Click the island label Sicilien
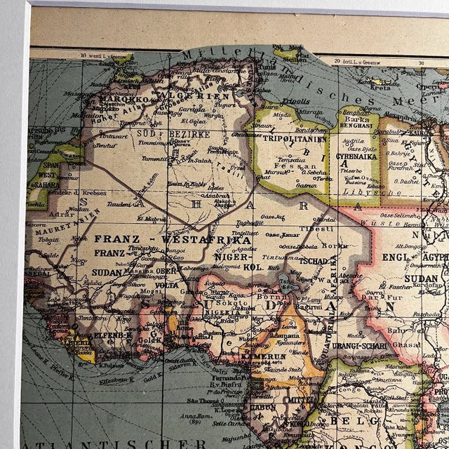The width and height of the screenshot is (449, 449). [x=288, y=61]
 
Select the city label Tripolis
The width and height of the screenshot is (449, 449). [x=295, y=100]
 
